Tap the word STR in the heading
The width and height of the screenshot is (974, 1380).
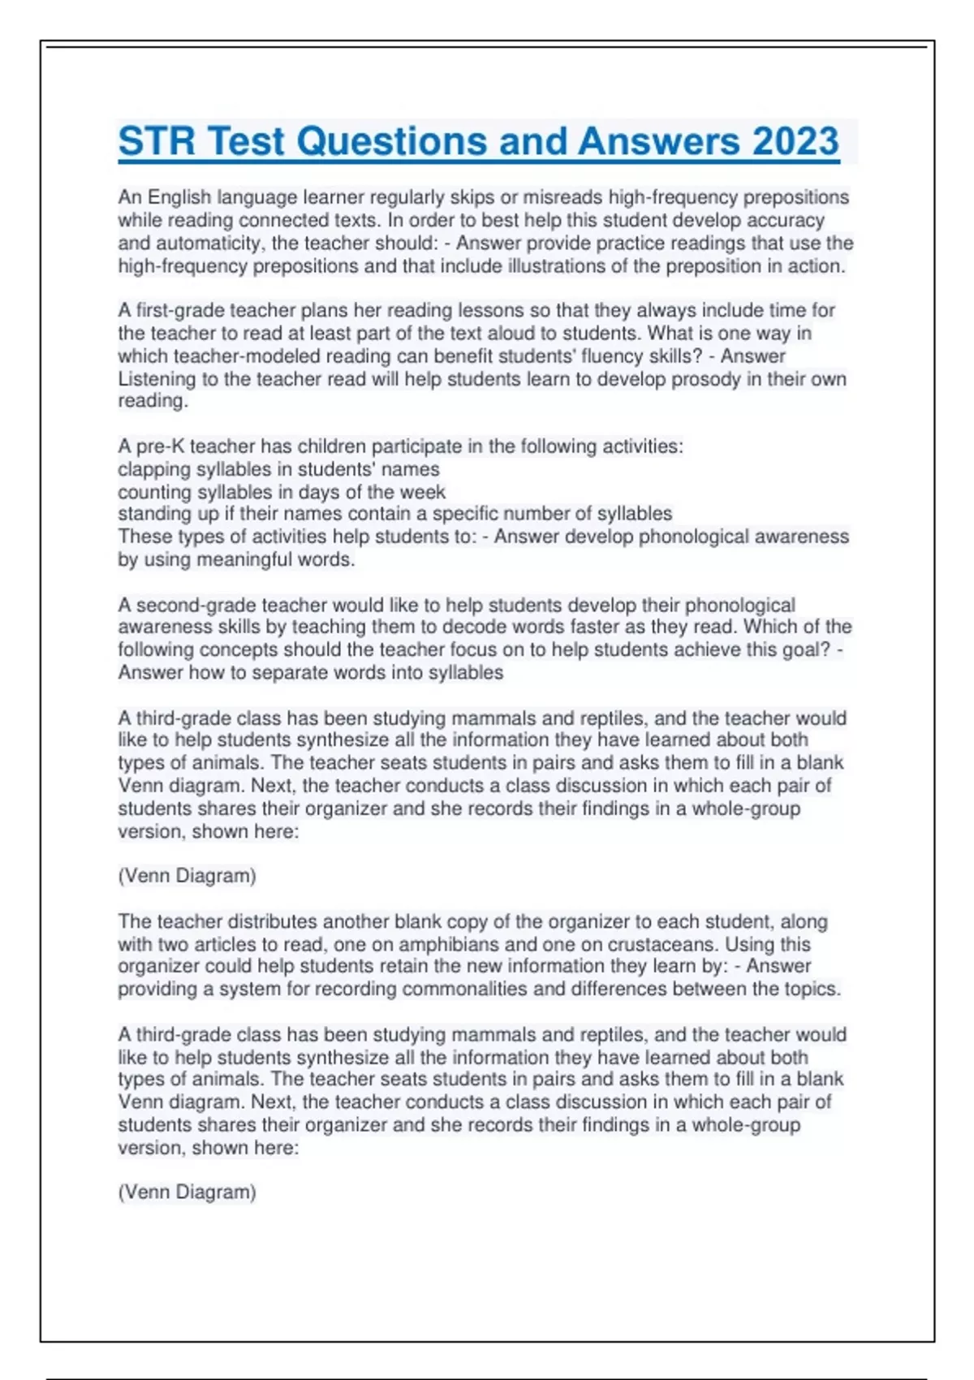pos(157,141)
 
